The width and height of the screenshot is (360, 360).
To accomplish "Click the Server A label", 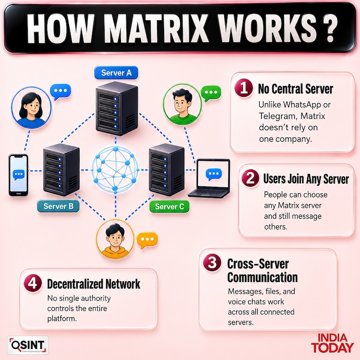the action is tap(116, 73).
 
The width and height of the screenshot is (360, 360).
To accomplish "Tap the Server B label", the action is tap(58, 206).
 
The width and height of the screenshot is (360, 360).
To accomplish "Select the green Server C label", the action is tap(169, 206).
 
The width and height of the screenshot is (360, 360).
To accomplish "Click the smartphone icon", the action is tap(18, 175).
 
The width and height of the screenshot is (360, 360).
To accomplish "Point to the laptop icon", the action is tap(209, 179).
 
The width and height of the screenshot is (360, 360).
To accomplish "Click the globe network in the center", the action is tap(115, 170).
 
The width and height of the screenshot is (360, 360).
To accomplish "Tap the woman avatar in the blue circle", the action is tap(31, 108).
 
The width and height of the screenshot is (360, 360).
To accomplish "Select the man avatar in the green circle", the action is tap(182, 105).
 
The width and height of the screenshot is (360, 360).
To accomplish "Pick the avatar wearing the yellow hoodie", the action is tap(115, 240).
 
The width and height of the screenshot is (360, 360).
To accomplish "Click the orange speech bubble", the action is tap(147, 240).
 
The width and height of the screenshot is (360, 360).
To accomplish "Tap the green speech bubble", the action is tap(211, 93).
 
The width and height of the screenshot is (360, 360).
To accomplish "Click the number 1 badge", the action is tap(244, 88).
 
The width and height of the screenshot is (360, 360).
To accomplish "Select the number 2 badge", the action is tap(251, 178).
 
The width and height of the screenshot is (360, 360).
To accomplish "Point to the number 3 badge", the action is tap(212, 263).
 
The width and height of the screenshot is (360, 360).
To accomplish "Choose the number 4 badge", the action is tap(33, 283).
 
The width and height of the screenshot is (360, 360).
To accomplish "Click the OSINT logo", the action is tap(28, 345).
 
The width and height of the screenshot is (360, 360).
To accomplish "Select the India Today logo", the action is tap(333, 343).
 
